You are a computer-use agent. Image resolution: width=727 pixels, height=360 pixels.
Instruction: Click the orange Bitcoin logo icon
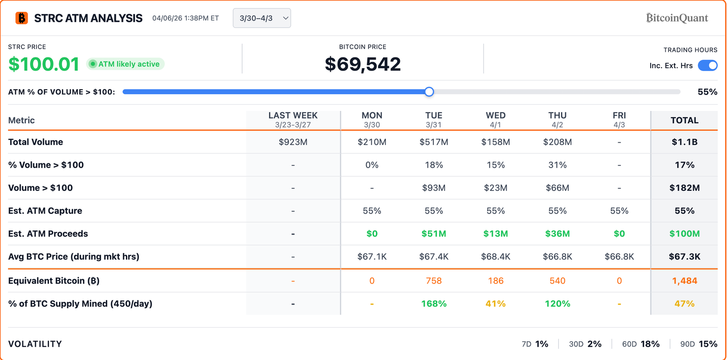(21, 18)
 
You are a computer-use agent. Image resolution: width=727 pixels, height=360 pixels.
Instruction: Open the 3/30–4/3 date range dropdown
(262, 18)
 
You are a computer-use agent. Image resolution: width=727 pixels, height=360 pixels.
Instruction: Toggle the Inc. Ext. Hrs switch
(707, 65)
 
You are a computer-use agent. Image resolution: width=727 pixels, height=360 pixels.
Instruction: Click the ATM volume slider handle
(429, 92)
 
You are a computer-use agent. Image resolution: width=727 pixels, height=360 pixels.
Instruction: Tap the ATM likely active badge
(125, 64)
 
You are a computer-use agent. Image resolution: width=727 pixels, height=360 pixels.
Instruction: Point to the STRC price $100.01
(44, 64)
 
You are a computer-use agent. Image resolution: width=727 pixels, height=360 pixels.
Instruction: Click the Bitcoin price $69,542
(363, 64)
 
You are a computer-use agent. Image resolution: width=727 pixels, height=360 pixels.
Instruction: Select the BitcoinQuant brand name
(677, 18)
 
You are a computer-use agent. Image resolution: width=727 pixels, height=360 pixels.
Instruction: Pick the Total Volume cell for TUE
(433, 142)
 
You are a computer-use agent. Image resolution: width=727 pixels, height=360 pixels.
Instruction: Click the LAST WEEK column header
(293, 120)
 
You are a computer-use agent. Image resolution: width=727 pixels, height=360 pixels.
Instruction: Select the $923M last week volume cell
(293, 142)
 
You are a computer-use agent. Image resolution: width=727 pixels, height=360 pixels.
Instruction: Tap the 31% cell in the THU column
(557, 165)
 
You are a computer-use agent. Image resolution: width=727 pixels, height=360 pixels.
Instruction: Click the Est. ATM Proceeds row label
(48, 234)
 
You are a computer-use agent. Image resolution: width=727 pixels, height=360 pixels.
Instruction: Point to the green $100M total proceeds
(684, 234)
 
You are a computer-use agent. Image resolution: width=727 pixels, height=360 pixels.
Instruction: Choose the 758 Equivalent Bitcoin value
(433, 281)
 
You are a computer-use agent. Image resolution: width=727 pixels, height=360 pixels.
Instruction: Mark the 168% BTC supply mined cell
(433, 304)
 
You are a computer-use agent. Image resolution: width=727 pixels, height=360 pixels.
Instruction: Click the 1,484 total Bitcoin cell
(684, 281)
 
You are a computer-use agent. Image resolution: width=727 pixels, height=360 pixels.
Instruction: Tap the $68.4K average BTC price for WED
(495, 257)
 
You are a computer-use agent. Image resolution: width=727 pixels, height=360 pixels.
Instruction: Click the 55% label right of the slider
(707, 92)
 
